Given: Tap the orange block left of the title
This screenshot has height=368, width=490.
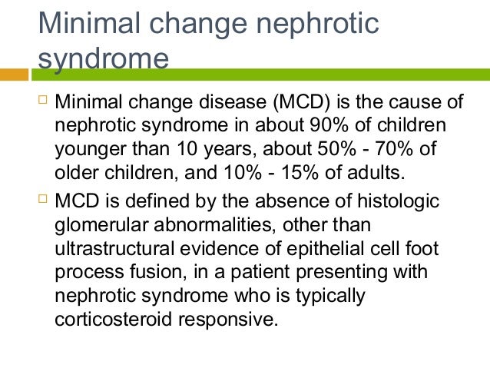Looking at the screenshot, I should (x=16, y=75).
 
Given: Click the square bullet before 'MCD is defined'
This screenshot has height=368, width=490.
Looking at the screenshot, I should (x=43, y=201).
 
